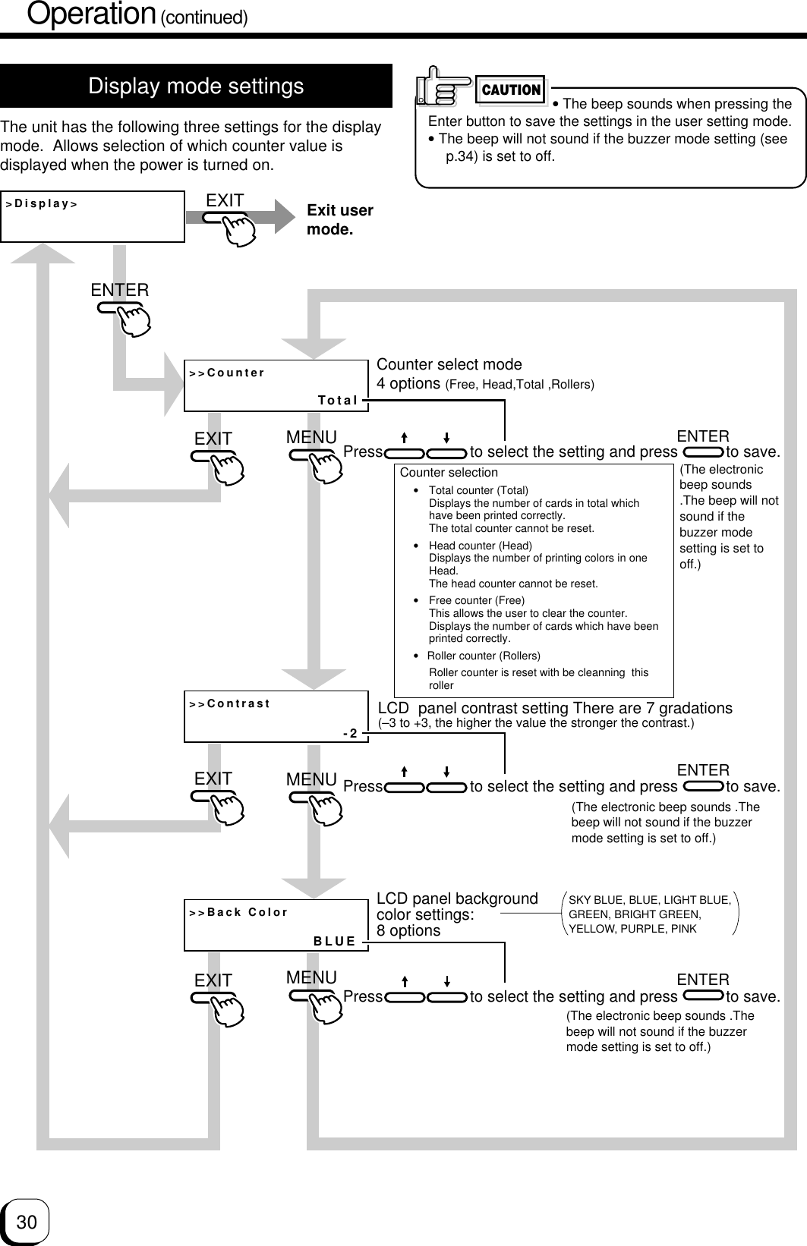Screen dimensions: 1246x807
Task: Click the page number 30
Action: pos(27,1222)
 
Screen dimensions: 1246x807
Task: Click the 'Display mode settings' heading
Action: pos(196,87)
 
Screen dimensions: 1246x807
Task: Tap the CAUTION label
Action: pos(511,90)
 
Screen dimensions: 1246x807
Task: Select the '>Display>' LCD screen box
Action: pos(93,217)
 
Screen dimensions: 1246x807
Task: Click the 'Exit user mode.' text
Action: pos(339,219)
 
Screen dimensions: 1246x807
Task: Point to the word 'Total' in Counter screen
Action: pos(338,400)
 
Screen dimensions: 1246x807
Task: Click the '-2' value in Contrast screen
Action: pos(350,733)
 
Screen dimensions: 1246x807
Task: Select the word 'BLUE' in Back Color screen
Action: pos(335,941)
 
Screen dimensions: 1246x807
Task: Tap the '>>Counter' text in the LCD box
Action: pos(227,373)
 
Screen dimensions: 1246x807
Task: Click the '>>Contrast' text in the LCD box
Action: pos(229,703)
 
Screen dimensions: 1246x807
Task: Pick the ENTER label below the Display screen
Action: pos(120,290)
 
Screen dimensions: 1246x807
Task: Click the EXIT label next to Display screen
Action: pos(225,200)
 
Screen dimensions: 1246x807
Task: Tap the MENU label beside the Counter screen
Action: pos(311,437)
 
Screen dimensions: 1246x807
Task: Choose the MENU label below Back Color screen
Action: pos(311,977)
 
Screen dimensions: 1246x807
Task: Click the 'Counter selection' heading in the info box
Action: pos(449,472)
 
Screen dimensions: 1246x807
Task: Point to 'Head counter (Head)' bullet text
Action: pos(480,546)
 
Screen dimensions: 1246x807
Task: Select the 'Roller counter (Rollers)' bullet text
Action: pos(484,656)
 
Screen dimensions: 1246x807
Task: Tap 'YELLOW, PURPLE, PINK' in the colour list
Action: pos(632,929)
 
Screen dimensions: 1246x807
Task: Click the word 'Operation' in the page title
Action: pos(91,14)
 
